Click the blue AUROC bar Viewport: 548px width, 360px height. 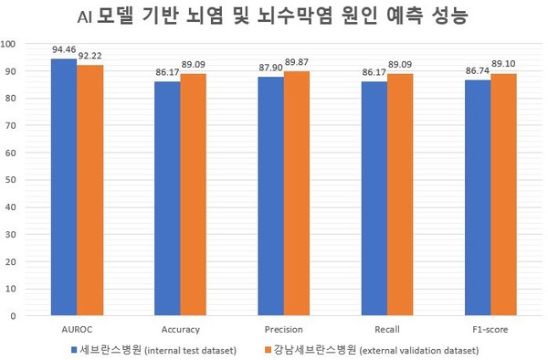[x=64, y=187]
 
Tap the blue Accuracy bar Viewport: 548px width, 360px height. [x=167, y=198]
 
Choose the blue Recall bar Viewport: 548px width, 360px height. [x=374, y=198]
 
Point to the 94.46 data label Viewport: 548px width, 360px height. [x=63, y=51]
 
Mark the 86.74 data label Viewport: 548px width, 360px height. [x=477, y=71]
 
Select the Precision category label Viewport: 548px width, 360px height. [x=283, y=328]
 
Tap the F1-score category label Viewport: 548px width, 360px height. [x=490, y=328]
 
